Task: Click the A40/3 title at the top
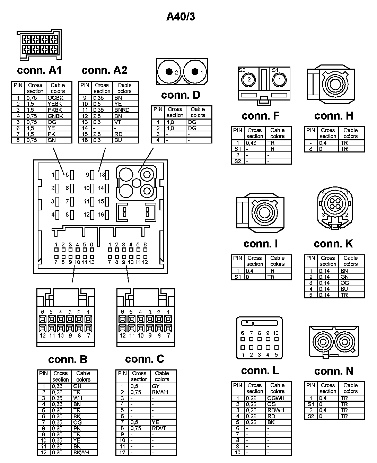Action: pyautogui.click(x=181, y=16)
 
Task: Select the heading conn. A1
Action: pyautogui.click(x=39, y=70)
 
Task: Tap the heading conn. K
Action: pyautogui.click(x=333, y=244)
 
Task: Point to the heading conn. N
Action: pyautogui.click(x=334, y=371)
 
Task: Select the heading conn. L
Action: pyautogui.click(x=260, y=371)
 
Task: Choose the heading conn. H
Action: pyautogui.click(x=334, y=116)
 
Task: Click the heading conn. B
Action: pyautogui.click(x=68, y=359)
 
